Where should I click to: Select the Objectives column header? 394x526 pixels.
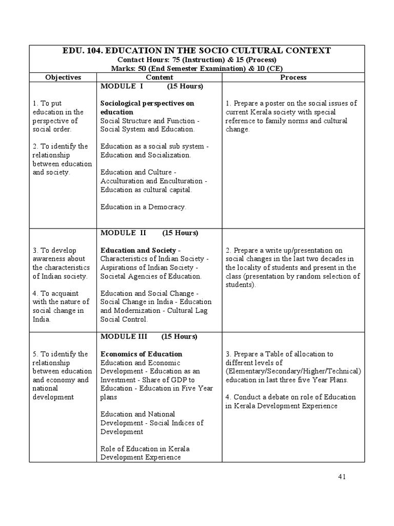pos(63,77)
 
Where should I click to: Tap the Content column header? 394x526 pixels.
pos(159,77)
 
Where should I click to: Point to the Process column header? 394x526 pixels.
pos(293,77)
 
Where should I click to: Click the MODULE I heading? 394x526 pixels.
pos(122,86)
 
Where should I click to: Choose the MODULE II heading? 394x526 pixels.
pos(124,233)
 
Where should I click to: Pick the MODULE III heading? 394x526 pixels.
pos(124,336)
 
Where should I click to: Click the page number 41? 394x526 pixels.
pos(343,477)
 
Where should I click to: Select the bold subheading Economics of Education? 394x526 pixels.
pos(141,354)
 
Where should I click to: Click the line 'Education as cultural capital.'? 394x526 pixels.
pos(146,190)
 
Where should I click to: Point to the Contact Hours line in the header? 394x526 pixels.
pos(197,60)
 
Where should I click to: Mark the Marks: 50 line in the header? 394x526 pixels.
pos(197,68)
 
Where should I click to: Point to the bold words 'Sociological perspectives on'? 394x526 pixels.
pos(147,103)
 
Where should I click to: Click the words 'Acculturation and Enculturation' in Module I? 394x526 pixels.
pos(152,181)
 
